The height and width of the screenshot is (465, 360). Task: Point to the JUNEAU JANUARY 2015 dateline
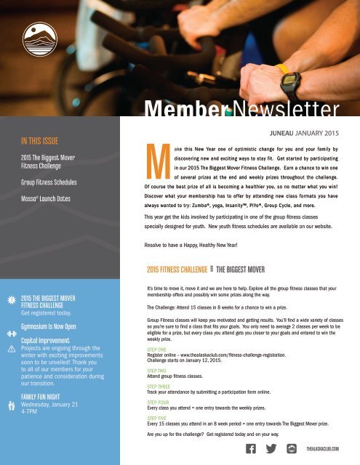click(x=304, y=134)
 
